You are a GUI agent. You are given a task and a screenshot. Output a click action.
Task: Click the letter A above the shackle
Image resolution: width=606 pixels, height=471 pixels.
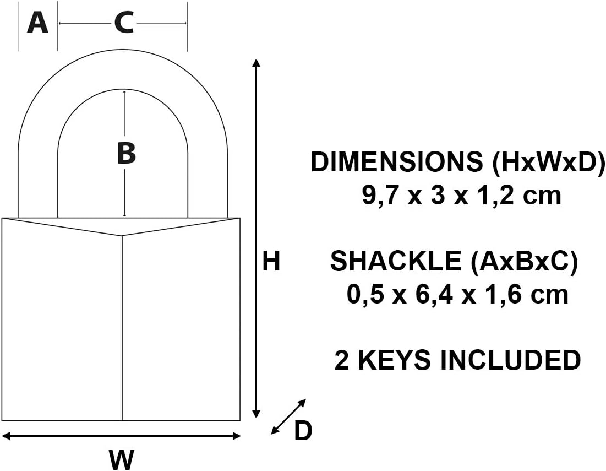pyautogui.click(x=37, y=23)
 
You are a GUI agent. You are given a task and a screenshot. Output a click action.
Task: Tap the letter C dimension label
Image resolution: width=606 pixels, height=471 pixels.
pyautogui.click(x=124, y=23)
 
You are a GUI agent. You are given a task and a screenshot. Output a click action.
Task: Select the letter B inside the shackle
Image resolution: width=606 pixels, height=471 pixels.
pyautogui.click(x=127, y=153)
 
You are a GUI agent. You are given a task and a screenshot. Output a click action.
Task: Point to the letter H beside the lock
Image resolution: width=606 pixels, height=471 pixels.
pyautogui.click(x=271, y=262)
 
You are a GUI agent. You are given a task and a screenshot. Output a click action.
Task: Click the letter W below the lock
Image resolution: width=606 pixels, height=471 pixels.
pyautogui.click(x=122, y=458)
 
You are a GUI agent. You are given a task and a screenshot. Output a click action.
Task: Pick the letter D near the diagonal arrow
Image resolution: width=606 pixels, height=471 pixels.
pyautogui.click(x=303, y=431)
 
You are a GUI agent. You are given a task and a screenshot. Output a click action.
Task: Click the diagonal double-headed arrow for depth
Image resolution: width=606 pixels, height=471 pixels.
pyautogui.click(x=288, y=416)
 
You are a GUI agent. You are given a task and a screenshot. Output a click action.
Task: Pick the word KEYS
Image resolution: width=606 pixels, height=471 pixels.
pyautogui.click(x=394, y=360)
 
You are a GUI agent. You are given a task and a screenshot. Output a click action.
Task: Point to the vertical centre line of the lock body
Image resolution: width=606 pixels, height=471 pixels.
pyautogui.click(x=122, y=331)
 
